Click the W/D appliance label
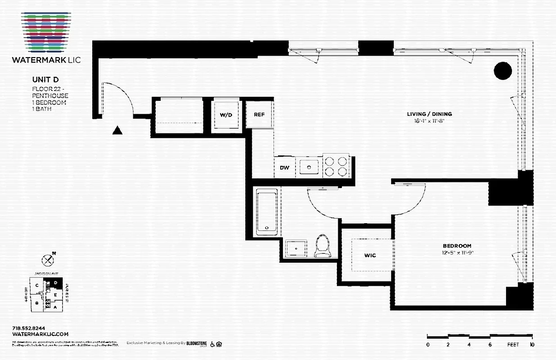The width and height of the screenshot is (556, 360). click(226, 115)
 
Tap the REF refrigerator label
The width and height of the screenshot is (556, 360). click(259, 114)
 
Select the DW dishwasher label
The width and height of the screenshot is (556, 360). click(284, 168)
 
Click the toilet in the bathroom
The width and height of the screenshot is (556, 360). click(322, 247)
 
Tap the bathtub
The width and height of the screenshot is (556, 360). click(267, 212)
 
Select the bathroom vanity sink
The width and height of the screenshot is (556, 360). click(296, 248)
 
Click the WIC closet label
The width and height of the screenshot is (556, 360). click(370, 255)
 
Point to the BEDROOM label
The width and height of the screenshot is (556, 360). click(457, 246)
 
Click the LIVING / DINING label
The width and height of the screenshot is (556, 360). click(430, 114)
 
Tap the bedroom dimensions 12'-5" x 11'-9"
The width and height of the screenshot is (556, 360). click(457, 252)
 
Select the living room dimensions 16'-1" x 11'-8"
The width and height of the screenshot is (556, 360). click(430, 121)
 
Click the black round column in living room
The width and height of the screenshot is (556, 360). click(503, 71)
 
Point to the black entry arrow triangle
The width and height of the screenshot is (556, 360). click(117, 130)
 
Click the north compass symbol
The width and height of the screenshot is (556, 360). click(48, 260)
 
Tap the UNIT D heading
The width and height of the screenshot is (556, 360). click(45, 80)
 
